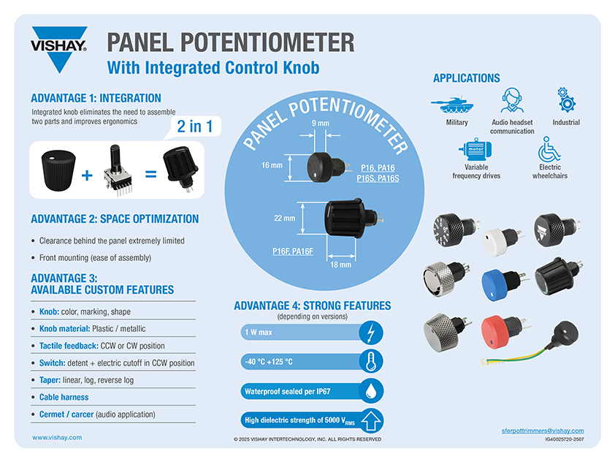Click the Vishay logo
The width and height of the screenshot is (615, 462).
pos(59,49)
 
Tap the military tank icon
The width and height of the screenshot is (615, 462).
pos(452,105)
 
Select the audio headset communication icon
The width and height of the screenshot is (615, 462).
pos(511,100)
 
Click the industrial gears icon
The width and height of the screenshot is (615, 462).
pos(566,99)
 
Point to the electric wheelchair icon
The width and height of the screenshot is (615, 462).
pos(549,149)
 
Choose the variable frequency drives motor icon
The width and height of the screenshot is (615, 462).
pos(475,150)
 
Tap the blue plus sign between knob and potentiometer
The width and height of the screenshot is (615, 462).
pos(87,175)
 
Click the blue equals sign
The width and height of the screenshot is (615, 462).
pos(150,174)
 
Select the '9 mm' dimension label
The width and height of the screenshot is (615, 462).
pos(321,124)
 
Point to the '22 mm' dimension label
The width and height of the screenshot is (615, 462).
pos(284,218)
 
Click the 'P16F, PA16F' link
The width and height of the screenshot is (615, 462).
pos(293,251)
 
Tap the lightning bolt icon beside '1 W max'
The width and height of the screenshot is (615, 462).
pos(370,333)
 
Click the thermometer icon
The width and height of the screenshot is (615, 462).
pos(370,362)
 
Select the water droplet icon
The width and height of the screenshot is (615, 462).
pos(370,391)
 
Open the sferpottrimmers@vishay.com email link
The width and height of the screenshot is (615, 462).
pos(543,431)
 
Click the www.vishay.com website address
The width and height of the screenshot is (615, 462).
pos(57,437)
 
